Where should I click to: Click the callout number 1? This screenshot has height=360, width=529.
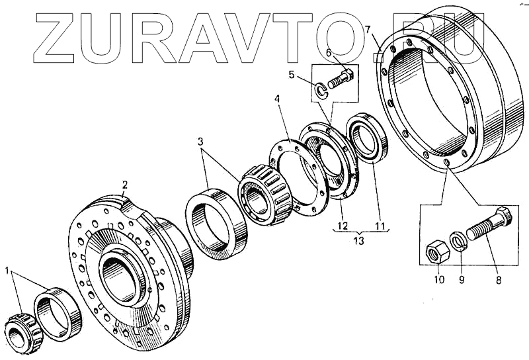point(7,270)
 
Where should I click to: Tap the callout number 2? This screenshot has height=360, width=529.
point(124,184)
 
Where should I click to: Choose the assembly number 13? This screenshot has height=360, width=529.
point(358,241)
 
